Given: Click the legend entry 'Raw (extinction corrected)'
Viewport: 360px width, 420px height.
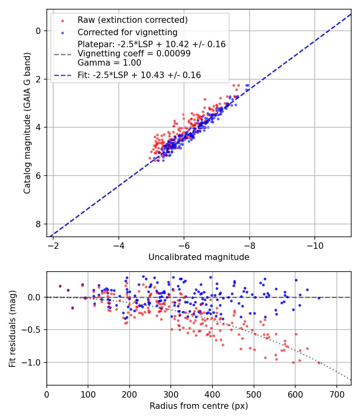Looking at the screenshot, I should click(132, 20).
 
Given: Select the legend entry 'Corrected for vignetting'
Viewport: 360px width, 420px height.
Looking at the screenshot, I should click(127, 32).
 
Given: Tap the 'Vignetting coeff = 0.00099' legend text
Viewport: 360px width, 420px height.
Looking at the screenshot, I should click(134, 54).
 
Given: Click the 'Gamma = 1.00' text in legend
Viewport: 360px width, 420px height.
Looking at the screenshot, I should click(109, 63).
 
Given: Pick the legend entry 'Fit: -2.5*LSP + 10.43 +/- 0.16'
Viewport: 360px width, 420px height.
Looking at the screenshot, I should click(139, 75).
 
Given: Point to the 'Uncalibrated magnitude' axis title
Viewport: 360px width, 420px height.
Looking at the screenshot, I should click(199, 257).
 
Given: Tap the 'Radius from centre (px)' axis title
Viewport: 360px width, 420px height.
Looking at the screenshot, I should click(199, 406).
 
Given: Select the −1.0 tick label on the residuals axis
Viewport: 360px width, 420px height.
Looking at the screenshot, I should click(34, 362).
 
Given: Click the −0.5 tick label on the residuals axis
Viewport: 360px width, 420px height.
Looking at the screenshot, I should click(34, 330).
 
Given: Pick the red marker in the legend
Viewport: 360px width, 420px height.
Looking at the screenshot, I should click(62, 20).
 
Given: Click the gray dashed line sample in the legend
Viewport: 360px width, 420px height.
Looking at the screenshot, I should click(62, 54).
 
